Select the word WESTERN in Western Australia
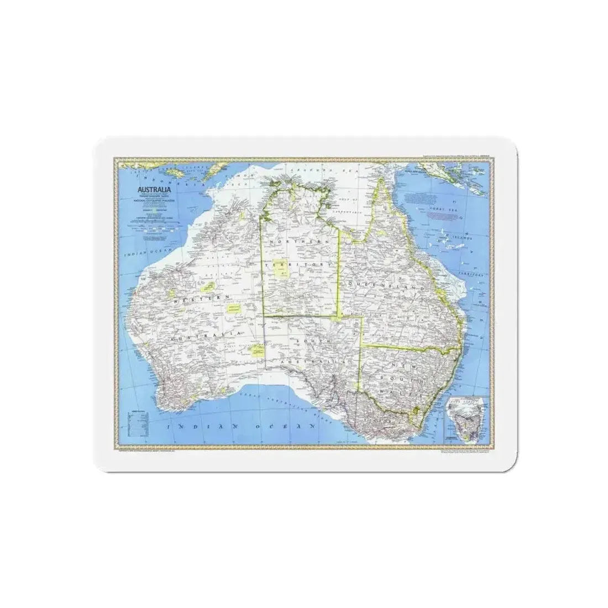(x=199, y=299)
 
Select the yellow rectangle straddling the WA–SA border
(x=256, y=350)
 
